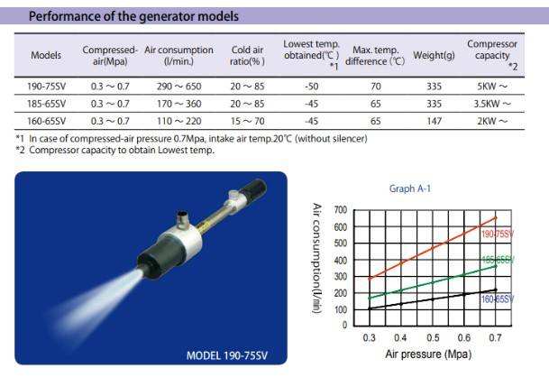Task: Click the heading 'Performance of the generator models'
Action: (x=133, y=16)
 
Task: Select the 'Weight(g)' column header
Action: (x=434, y=55)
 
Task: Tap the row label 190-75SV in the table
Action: (x=46, y=87)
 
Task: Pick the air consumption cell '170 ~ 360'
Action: (x=178, y=104)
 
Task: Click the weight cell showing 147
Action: (x=434, y=121)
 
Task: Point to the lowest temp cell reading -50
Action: (x=311, y=87)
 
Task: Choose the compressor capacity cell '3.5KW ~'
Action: (x=492, y=104)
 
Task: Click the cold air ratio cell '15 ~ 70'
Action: (x=247, y=121)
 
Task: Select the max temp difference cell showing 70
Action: (x=375, y=87)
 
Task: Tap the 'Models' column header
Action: (x=46, y=55)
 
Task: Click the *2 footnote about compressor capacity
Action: (x=114, y=150)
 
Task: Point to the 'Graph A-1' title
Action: (x=410, y=188)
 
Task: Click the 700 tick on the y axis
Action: (x=341, y=210)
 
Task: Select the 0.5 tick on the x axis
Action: (x=433, y=337)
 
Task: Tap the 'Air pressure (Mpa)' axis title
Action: (x=428, y=354)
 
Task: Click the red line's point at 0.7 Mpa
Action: (x=495, y=218)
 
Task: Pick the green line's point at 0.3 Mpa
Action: (x=370, y=299)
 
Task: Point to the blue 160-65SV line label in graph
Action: (x=498, y=299)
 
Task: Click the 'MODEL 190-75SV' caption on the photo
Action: (x=227, y=355)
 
